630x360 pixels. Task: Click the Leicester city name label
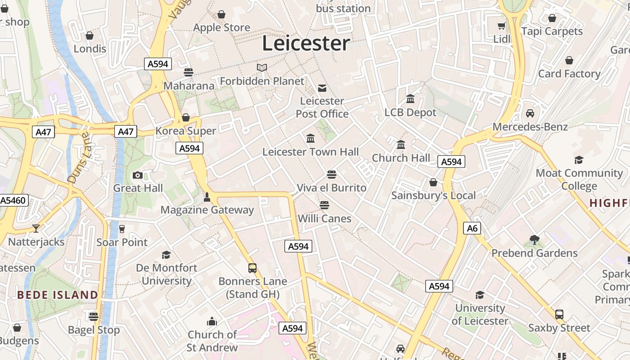click(x=306, y=43)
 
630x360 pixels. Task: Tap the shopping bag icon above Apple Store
click(x=221, y=15)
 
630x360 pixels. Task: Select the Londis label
click(x=90, y=49)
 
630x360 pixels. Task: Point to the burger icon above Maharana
click(x=189, y=72)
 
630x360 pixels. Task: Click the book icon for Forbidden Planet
click(x=262, y=68)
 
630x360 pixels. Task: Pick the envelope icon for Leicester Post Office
click(x=322, y=88)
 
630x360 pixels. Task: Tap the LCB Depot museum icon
click(x=410, y=99)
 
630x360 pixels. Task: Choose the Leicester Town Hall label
click(x=310, y=152)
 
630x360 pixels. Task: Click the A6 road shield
click(x=472, y=228)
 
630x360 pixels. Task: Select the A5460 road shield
click(x=13, y=200)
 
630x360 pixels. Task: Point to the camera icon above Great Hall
click(x=138, y=175)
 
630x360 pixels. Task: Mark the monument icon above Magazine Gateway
click(x=207, y=197)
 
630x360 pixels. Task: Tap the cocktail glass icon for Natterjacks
click(x=36, y=229)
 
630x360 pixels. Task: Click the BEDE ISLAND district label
click(x=58, y=295)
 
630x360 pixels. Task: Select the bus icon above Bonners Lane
click(x=252, y=268)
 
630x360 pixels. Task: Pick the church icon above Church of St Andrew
click(x=211, y=322)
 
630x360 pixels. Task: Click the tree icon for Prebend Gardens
click(x=535, y=240)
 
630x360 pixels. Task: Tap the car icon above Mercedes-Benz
click(x=530, y=113)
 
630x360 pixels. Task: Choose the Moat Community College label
click(x=579, y=179)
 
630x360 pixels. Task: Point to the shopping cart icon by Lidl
click(x=501, y=26)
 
